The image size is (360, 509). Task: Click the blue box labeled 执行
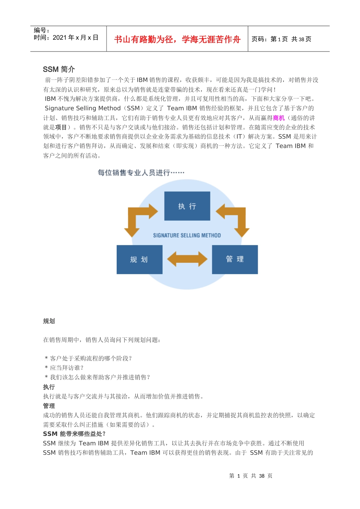(187, 206)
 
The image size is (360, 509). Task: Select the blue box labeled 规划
(139, 259)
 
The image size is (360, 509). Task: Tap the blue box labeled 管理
(235, 259)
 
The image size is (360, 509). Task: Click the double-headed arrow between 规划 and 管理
(187, 259)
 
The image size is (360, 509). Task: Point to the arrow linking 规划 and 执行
(140, 218)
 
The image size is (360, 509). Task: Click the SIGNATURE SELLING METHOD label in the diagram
(187, 236)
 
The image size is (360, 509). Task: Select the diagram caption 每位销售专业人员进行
(141, 173)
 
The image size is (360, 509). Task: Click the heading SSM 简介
(59, 69)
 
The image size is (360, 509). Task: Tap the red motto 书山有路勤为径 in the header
(177, 39)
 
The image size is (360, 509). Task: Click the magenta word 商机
(279, 118)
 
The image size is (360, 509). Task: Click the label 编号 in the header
(41, 30)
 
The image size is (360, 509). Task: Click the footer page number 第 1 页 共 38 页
(250, 476)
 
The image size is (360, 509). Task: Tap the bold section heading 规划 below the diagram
(49, 321)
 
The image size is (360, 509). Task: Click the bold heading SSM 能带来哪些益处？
(74, 434)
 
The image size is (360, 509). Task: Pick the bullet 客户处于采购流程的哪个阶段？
(88, 358)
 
